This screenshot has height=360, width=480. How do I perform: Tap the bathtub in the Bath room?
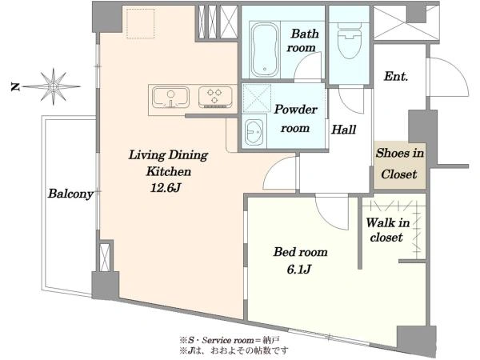coord(265,50)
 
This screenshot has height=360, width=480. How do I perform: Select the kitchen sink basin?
coord(170,97)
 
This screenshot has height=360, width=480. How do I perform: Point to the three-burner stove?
coord(215,97)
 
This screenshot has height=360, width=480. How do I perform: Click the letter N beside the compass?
coord(14,87)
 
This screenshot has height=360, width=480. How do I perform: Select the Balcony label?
coord(70,194)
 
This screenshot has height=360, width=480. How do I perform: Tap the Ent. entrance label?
coord(396,76)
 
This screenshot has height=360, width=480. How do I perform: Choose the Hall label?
coord(344,130)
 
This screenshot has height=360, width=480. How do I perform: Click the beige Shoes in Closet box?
coord(399,165)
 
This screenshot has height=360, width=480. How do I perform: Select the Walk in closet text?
coord(387,230)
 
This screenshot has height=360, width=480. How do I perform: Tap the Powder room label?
coord(295,118)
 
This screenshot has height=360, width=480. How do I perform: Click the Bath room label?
coord(302,41)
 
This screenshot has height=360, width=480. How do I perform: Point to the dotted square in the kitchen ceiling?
coord(141,23)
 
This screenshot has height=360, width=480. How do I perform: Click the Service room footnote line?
coord(230,340)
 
